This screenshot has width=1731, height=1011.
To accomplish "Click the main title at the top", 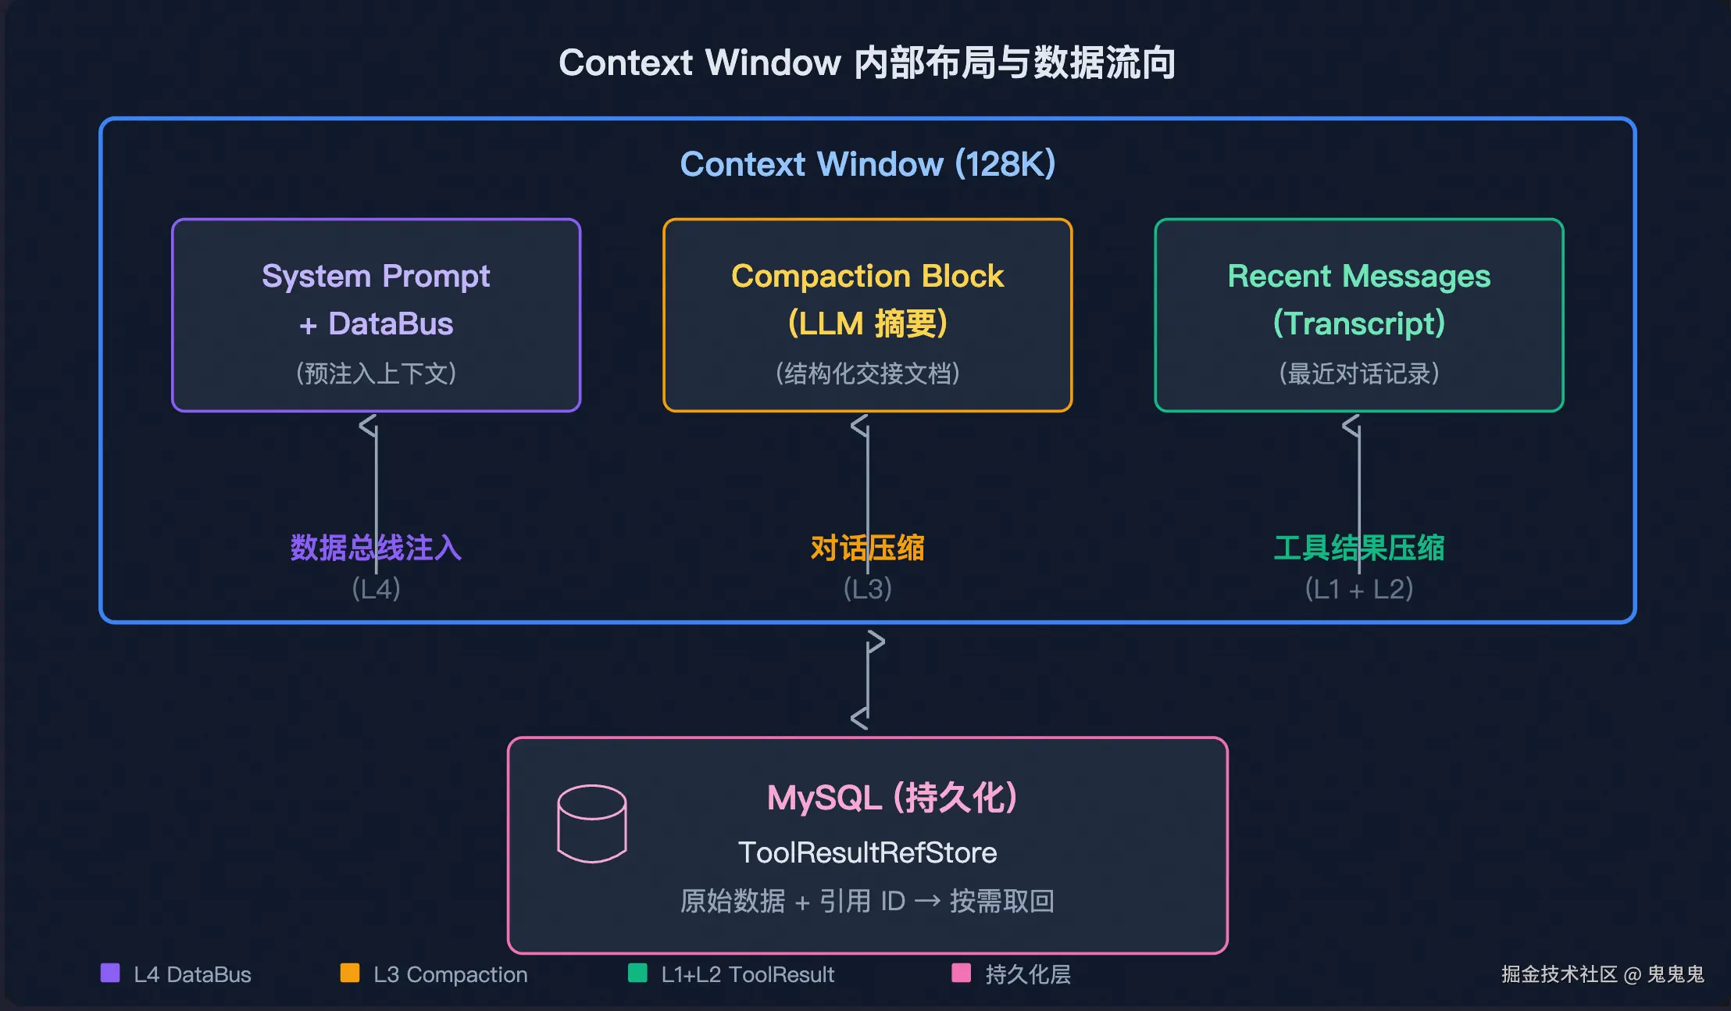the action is click(867, 63).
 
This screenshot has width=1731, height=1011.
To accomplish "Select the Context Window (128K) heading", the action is click(867, 164).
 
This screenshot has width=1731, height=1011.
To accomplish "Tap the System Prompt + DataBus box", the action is click(376, 315).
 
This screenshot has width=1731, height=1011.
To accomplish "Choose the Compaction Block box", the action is click(867, 315).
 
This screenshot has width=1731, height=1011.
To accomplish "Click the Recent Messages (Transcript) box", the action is click(1359, 315).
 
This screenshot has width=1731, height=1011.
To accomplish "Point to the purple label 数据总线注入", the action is click(376, 548).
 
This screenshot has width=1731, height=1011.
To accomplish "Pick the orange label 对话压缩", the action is click(867, 548).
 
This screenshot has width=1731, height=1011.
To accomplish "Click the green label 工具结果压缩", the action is click(1359, 548).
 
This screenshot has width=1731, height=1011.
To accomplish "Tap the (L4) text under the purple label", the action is click(376, 588).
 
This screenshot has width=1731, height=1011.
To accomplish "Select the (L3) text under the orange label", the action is click(867, 588).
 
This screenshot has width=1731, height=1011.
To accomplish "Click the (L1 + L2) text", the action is click(1359, 588).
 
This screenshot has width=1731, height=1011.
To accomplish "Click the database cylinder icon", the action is click(592, 823).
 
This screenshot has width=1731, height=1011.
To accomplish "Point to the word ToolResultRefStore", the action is click(867, 852).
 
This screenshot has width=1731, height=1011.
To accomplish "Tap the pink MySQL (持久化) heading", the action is click(891, 798).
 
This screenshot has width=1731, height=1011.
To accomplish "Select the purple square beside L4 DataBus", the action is click(110, 973).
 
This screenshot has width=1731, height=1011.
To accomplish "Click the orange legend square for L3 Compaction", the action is click(350, 973).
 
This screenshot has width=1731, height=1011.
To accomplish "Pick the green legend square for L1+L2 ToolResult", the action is click(637, 973).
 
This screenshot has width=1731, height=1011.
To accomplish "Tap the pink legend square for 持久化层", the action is click(962, 973).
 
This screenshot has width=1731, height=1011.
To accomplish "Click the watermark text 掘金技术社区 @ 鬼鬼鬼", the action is click(1603, 974).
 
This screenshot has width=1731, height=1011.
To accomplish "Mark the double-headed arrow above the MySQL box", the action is click(868, 680).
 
